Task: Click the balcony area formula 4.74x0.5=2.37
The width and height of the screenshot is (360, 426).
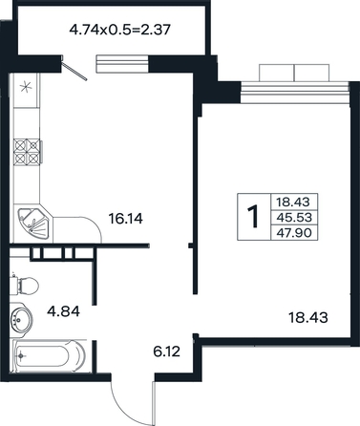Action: coord(120,30)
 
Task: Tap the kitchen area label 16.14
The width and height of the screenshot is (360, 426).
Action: coord(126,219)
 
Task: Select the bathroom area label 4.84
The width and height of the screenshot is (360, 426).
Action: coord(63,311)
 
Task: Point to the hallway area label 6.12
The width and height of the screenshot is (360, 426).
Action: coord(166,351)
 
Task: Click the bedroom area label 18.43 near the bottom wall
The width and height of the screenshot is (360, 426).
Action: coord(307,317)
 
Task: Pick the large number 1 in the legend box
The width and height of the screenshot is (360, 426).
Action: coord(253,217)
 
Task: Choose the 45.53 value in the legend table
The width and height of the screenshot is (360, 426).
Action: coord(294,218)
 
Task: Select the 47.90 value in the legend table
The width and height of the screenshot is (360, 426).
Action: coord(294,233)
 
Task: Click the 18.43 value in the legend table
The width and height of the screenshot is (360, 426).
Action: coord(293,202)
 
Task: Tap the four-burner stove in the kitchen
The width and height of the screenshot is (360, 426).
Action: coord(27,151)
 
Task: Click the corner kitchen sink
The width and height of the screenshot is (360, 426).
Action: coord(33,224)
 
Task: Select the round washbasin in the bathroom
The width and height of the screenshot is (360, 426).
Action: coord(20,319)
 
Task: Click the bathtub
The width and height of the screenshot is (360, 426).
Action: coord(49,356)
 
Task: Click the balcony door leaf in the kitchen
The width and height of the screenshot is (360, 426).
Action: coord(74,71)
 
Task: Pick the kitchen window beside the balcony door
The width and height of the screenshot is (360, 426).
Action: coord(122,64)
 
